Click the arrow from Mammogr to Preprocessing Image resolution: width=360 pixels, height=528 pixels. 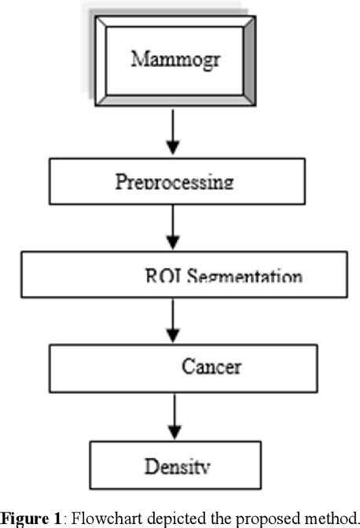(174, 135)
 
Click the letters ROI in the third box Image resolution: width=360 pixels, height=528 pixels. (160, 277)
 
